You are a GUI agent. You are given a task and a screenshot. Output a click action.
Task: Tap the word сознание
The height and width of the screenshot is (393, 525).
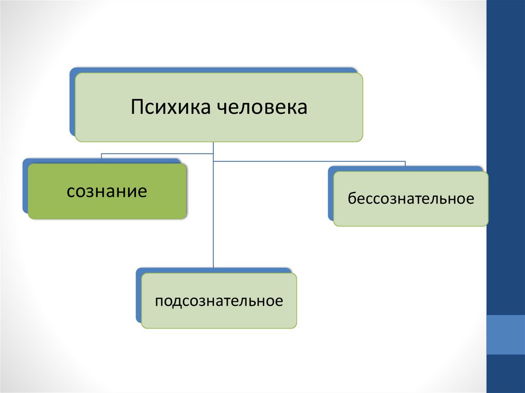[107, 192]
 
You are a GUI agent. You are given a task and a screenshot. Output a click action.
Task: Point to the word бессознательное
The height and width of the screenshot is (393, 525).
[411, 198]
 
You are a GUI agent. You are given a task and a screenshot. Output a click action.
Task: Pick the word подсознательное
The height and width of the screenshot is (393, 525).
[219, 300]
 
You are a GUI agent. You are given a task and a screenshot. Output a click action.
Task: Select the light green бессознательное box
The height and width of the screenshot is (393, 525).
[411, 213]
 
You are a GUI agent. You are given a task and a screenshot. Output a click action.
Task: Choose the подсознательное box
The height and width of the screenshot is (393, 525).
[219, 315]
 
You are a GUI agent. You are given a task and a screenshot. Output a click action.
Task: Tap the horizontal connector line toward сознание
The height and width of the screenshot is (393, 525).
[154, 153]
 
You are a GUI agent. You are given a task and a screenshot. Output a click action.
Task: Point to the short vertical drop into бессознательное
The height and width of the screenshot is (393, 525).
[405, 164]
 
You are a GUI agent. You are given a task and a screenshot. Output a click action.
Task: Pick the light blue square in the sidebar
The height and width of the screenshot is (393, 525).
[506, 334]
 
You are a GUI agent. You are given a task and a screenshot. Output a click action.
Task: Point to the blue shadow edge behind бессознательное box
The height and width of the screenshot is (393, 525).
[331, 195]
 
